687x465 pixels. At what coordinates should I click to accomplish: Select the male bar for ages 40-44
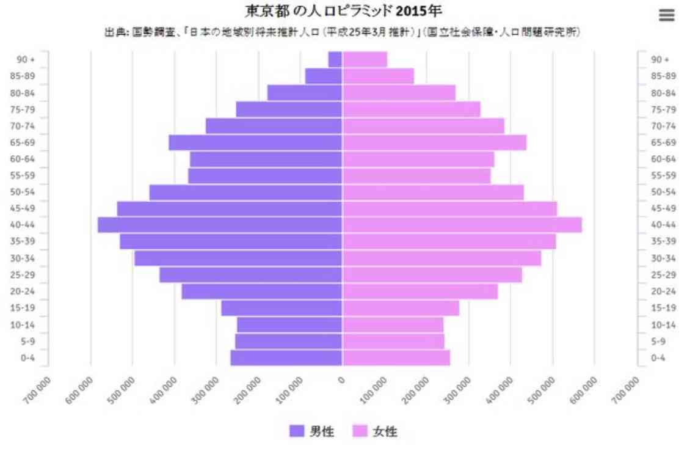click(x=220, y=225)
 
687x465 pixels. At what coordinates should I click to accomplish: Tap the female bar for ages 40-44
click(x=462, y=225)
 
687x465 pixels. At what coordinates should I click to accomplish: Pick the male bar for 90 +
click(x=335, y=59)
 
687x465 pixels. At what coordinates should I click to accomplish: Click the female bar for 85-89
click(x=378, y=76)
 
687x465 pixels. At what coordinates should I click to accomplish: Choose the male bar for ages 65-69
click(x=255, y=142)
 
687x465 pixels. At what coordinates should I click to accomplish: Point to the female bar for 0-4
click(x=396, y=357)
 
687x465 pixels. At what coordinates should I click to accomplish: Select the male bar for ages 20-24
click(x=262, y=291)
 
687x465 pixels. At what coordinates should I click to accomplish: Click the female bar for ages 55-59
click(x=416, y=175)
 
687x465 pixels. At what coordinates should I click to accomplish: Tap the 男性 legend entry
click(x=312, y=431)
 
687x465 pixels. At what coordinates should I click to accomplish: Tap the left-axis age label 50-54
click(x=27, y=192)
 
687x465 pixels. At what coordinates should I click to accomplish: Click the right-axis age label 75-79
click(x=663, y=109)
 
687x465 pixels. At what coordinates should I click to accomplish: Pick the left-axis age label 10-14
click(x=27, y=324)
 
